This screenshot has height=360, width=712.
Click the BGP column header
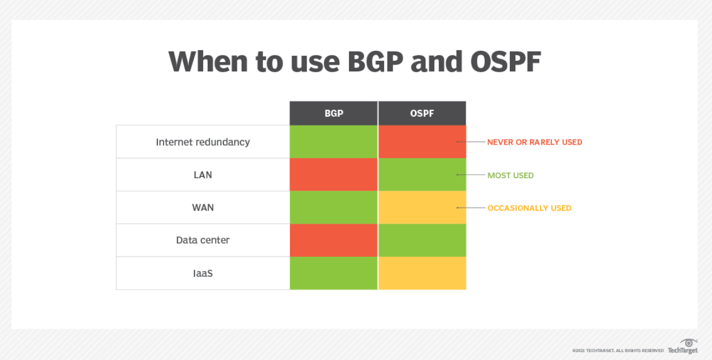click(334, 113)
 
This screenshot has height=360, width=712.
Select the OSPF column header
click(422, 113)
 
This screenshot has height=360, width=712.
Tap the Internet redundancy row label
click(203, 142)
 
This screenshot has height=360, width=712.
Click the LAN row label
click(203, 175)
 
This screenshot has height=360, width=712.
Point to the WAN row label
click(203, 208)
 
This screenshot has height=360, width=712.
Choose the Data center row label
click(203, 240)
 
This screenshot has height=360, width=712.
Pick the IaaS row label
click(203, 273)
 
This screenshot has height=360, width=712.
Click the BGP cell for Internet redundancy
click(334, 142)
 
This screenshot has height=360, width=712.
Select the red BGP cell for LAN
click(334, 175)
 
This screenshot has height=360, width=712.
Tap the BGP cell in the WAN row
click(334, 208)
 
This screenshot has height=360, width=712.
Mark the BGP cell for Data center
click(334, 240)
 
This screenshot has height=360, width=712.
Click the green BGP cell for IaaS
click(334, 273)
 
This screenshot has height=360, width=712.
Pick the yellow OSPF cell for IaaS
click(422, 273)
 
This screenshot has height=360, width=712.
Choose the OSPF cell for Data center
click(422, 240)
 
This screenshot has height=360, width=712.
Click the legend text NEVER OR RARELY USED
click(534, 142)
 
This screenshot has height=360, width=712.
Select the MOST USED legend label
click(510, 175)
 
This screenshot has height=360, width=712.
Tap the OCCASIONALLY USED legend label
click(529, 208)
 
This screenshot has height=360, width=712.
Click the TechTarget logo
click(683, 347)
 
